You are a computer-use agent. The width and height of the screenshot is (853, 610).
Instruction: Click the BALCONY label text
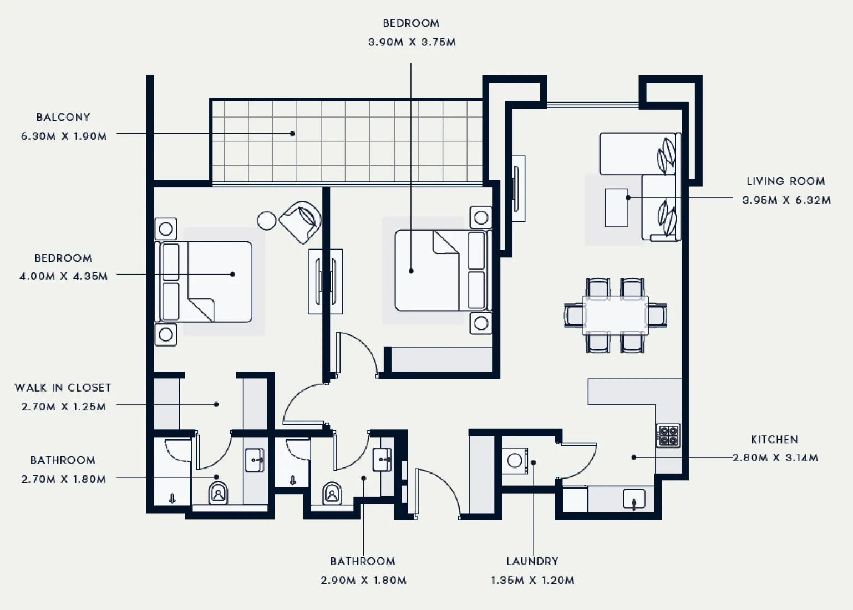[x=63, y=117]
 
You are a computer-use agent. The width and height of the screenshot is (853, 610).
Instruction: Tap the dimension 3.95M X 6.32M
[x=786, y=200]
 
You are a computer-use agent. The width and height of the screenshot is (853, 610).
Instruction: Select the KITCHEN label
[x=774, y=439]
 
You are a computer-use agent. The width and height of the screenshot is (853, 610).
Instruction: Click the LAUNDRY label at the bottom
[x=532, y=561]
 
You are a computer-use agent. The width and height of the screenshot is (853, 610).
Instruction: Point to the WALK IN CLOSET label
[x=63, y=388]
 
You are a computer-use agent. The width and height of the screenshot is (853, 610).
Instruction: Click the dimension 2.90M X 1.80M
[x=363, y=580]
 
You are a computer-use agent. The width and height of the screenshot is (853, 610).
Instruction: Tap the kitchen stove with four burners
[x=668, y=435]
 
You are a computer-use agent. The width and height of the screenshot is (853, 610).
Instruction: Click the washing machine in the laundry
[x=515, y=460]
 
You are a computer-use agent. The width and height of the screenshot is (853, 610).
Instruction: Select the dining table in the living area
[x=616, y=316]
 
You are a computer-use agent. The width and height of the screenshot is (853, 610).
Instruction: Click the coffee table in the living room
[x=616, y=207]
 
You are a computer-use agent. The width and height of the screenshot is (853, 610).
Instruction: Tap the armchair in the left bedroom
[x=301, y=222]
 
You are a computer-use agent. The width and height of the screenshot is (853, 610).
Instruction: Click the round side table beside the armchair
[x=267, y=220]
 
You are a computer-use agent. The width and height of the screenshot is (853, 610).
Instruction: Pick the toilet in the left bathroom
[x=218, y=493]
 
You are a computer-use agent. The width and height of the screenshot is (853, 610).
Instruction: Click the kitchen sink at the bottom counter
[x=633, y=499]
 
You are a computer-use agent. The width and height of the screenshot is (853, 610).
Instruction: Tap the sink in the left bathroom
[x=255, y=460]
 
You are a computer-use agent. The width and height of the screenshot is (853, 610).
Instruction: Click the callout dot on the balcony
[x=292, y=134]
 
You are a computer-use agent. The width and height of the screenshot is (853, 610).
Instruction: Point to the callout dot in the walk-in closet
[x=216, y=404]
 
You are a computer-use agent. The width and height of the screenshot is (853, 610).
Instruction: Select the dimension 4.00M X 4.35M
[x=63, y=276]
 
